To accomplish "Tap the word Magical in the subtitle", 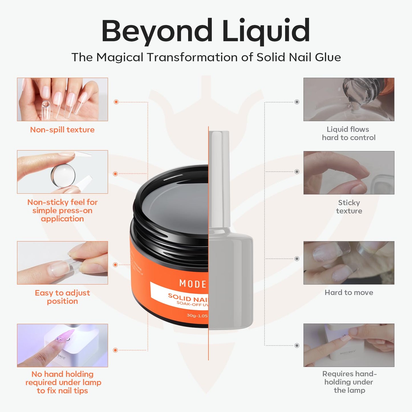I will [120, 57].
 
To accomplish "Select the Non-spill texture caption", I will [62, 130].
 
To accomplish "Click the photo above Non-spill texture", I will [62, 99].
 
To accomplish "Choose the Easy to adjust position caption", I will [62, 297].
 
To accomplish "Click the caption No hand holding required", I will [63, 382].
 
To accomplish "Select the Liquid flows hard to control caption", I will [348, 133].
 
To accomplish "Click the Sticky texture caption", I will [349, 207].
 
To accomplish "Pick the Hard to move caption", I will [349, 293].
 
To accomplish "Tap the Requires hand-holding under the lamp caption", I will [349, 382].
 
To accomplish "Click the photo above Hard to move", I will [349, 263].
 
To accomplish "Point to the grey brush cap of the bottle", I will [219, 177].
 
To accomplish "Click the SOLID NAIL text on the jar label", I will [188, 298].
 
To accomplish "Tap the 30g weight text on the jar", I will [197, 316].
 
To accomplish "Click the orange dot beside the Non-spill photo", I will [116, 102].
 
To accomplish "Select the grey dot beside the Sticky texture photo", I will [297, 172].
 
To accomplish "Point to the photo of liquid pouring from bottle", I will [349, 99].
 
